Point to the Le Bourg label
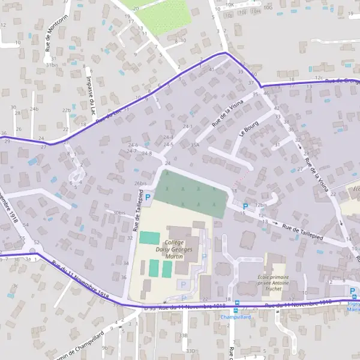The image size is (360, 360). (248, 128)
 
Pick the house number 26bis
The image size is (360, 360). (140, 184)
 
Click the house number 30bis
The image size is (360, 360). (119, 212)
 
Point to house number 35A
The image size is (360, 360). (195, 145)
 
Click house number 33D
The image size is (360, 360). (191, 351)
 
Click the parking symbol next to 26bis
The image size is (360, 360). (148, 196)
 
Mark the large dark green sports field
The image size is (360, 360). (192, 193)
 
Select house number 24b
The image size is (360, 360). (34, 109)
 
